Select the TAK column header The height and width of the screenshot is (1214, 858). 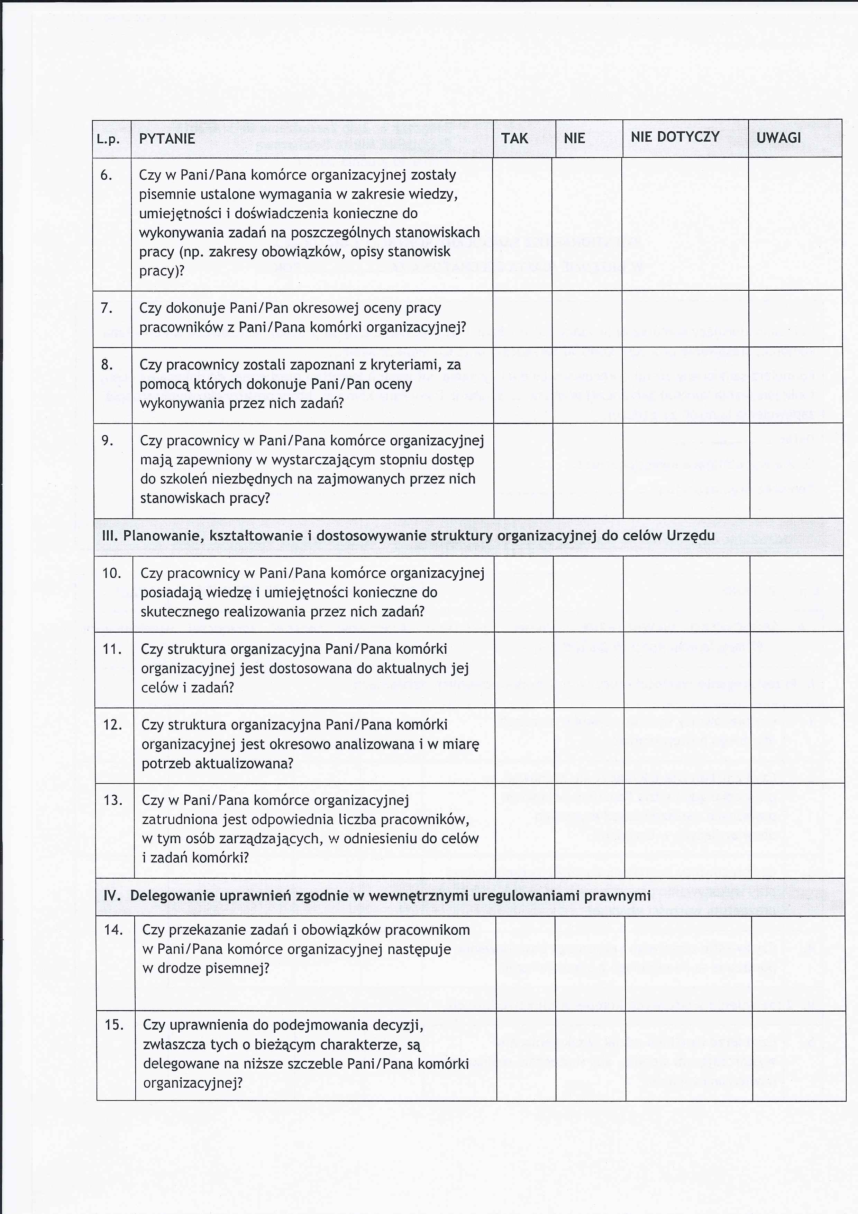click(x=514, y=138)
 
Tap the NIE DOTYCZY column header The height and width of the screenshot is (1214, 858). click(x=675, y=137)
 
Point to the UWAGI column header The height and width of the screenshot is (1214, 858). click(x=779, y=138)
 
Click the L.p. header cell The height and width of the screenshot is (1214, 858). click(x=111, y=139)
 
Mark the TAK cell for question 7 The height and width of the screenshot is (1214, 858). click(x=522, y=318)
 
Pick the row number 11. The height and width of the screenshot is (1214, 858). click(x=112, y=649)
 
